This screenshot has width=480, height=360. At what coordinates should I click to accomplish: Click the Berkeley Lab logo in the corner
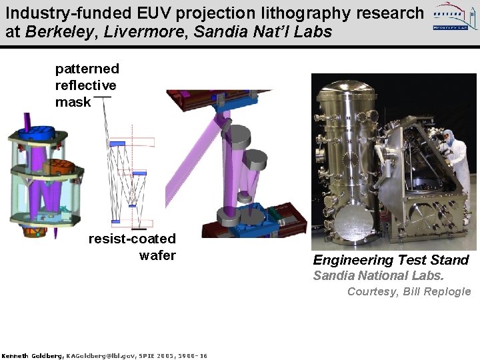tap(453, 18)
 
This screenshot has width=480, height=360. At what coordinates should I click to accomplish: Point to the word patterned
tap(87, 69)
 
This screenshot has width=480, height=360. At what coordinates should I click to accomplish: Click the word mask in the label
tap(73, 102)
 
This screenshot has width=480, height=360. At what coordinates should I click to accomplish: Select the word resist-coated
tap(132, 239)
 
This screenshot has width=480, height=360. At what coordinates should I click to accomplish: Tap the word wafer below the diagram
tap(157, 255)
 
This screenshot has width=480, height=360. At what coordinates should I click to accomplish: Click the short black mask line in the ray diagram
tap(103, 97)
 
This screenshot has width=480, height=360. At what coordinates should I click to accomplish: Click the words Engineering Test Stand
tap(391, 260)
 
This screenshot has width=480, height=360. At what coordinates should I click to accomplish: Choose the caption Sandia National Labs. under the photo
tap(378, 276)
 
